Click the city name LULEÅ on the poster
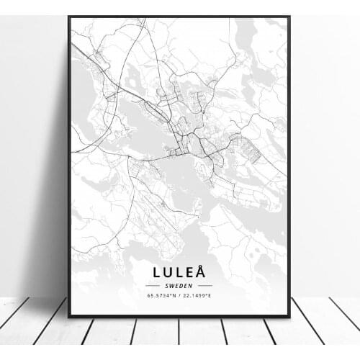tap(179, 271)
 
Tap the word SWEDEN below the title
tap(179, 285)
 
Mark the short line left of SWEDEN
tap(154, 285)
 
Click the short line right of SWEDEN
tap(204, 285)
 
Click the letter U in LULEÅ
tap(168, 271)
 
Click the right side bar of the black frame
tap(289, 166)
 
